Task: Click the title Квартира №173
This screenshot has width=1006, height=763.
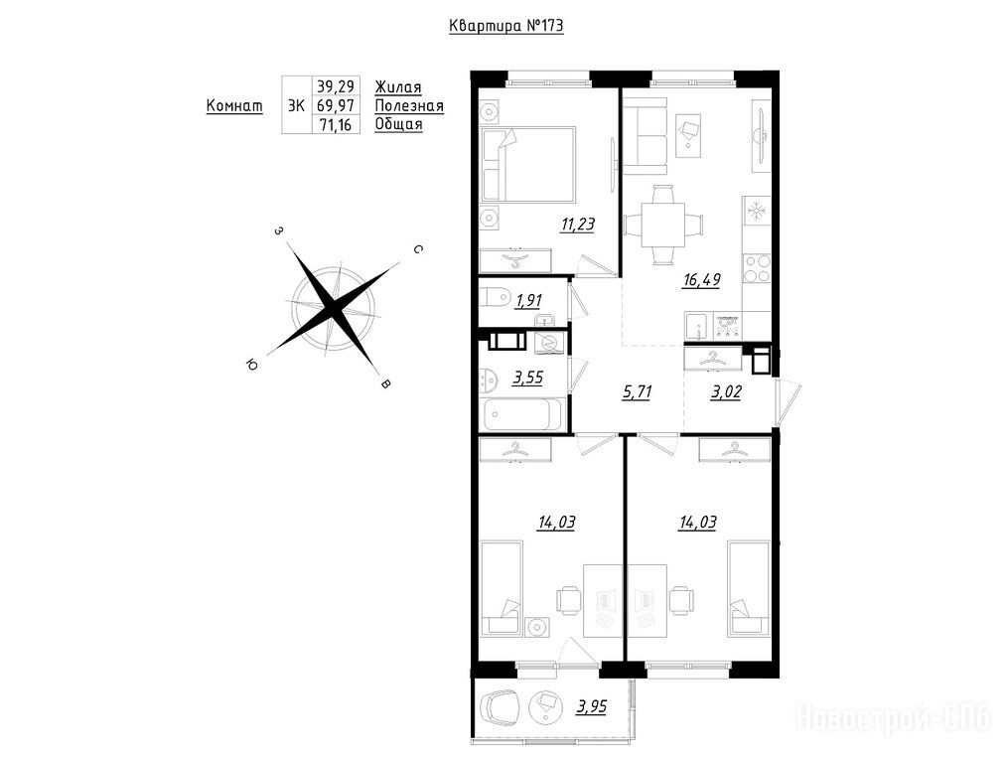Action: click(x=506, y=26)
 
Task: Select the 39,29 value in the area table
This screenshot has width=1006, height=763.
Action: click(x=336, y=86)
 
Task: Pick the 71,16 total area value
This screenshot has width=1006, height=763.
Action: click(x=336, y=124)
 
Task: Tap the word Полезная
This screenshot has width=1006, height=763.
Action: click(x=409, y=105)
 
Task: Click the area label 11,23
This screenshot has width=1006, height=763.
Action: click(x=577, y=225)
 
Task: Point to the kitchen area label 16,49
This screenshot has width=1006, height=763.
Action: click(x=702, y=280)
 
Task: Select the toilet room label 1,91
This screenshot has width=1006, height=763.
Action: click(x=528, y=300)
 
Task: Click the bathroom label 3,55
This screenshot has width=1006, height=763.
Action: click(x=527, y=379)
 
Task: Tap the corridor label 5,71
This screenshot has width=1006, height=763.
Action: click(x=637, y=391)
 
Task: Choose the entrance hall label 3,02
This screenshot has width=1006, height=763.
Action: click(x=726, y=391)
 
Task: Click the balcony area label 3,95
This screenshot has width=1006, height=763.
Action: click(x=592, y=707)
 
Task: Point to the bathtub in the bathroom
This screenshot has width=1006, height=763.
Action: click(x=523, y=414)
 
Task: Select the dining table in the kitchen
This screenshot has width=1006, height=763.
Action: click(x=663, y=225)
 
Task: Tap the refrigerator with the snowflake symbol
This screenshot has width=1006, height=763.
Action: click(x=757, y=210)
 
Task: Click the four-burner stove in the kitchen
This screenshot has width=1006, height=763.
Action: click(x=757, y=268)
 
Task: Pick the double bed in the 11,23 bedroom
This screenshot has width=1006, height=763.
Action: click(x=528, y=164)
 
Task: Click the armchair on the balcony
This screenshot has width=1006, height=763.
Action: click(x=500, y=707)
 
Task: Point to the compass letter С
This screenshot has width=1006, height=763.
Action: click(x=418, y=249)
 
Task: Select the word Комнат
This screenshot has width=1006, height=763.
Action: click(x=234, y=106)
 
